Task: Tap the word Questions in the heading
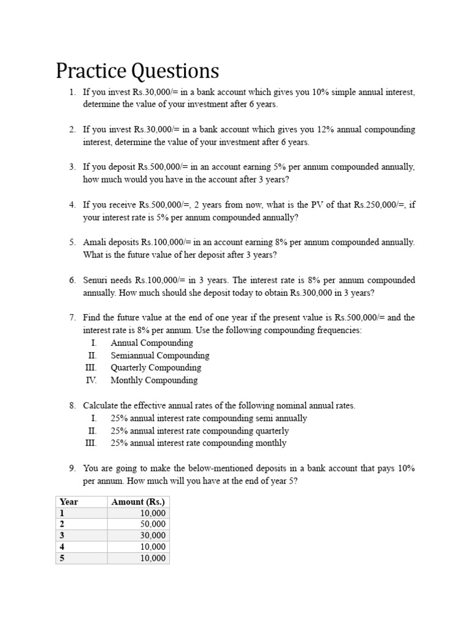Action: click(x=174, y=71)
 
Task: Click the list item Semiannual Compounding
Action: click(x=159, y=355)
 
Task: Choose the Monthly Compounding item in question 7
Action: click(x=154, y=380)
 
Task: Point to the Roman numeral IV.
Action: click(x=91, y=380)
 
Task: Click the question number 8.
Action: click(x=72, y=405)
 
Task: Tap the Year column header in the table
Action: click(x=69, y=501)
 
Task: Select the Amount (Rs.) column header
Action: click(x=138, y=501)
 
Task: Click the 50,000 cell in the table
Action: click(x=153, y=524)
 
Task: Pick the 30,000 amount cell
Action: click(x=153, y=536)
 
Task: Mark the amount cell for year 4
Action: click(x=153, y=547)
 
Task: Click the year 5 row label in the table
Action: click(x=61, y=558)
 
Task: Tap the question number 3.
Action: click(x=72, y=167)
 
